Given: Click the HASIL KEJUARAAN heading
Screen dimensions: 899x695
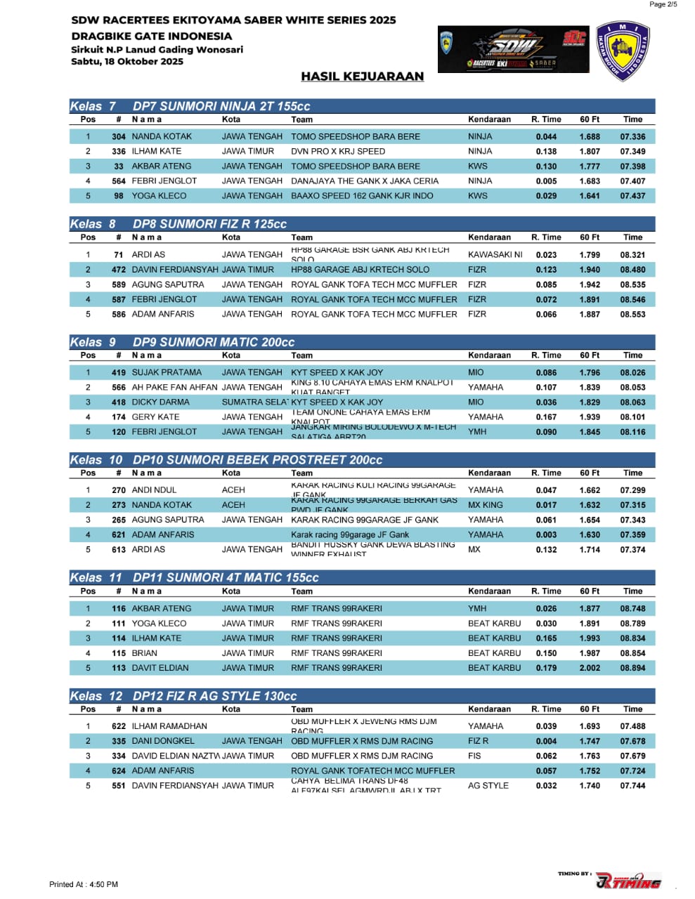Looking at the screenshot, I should (x=362, y=77).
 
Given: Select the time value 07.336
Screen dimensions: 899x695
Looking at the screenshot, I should (x=632, y=137).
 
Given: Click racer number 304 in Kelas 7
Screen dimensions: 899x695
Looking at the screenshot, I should (x=119, y=137).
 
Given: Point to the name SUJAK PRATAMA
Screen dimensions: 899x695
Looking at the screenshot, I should (x=167, y=373).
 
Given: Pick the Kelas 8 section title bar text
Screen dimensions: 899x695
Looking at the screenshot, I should (x=209, y=224).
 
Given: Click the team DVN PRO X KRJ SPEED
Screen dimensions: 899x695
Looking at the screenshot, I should (x=338, y=152).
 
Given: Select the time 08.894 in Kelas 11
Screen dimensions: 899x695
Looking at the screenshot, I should (x=632, y=668).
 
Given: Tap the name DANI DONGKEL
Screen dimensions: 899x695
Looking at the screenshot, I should (x=163, y=741).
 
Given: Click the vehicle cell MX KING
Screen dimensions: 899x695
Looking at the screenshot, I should (x=485, y=505).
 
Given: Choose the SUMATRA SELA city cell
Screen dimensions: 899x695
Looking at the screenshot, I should (x=254, y=402).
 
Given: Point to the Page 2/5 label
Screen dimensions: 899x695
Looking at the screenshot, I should (x=663, y=5).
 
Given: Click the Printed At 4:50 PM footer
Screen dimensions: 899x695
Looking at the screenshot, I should (x=84, y=884).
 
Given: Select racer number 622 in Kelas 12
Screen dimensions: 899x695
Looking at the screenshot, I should (x=119, y=726).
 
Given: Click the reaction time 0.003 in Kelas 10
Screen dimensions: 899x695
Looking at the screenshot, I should (x=546, y=534).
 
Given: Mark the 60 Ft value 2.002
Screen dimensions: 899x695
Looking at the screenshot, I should (x=590, y=668).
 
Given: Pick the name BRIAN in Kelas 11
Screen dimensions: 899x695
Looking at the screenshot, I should (x=145, y=653).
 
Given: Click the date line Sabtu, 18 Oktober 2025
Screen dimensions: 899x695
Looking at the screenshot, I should (x=127, y=62).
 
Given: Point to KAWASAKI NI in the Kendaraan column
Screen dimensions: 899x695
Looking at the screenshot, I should (x=495, y=255).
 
